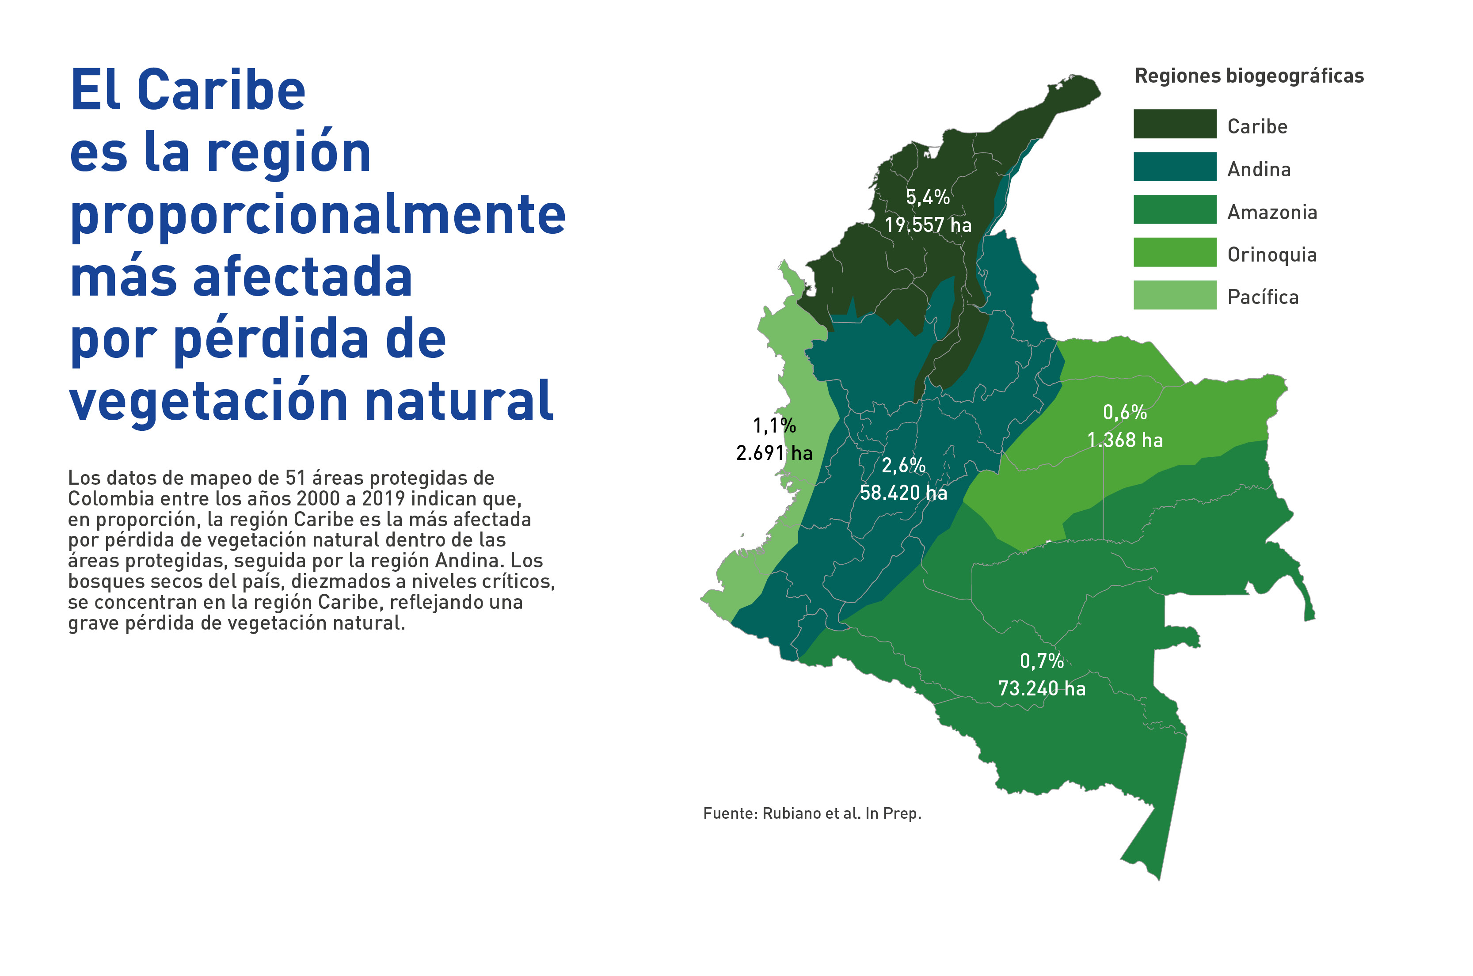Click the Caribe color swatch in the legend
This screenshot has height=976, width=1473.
click(1174, 124)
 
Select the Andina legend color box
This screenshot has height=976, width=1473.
click(1174, 167)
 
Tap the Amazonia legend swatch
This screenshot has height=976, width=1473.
click(1174, 209)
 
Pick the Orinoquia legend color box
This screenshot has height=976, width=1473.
click(1174, 252)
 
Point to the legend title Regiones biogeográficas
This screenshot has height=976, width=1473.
click(1249, 76)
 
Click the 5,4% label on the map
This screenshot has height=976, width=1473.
click(928, 197)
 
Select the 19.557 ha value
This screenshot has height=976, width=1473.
click(928, 225)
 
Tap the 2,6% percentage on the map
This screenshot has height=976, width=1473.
click(903, 465)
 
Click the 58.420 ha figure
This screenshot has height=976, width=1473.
click(903, 492)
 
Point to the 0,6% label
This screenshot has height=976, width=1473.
click(1124, 412)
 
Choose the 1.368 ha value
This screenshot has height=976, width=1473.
click(1124, 440)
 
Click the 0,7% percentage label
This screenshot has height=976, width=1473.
click(1042, 661)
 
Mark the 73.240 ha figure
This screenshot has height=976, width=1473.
click(1042, 688)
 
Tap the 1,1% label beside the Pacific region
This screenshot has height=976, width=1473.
click(774, 426)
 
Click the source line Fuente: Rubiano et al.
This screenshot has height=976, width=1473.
click(812, 813)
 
